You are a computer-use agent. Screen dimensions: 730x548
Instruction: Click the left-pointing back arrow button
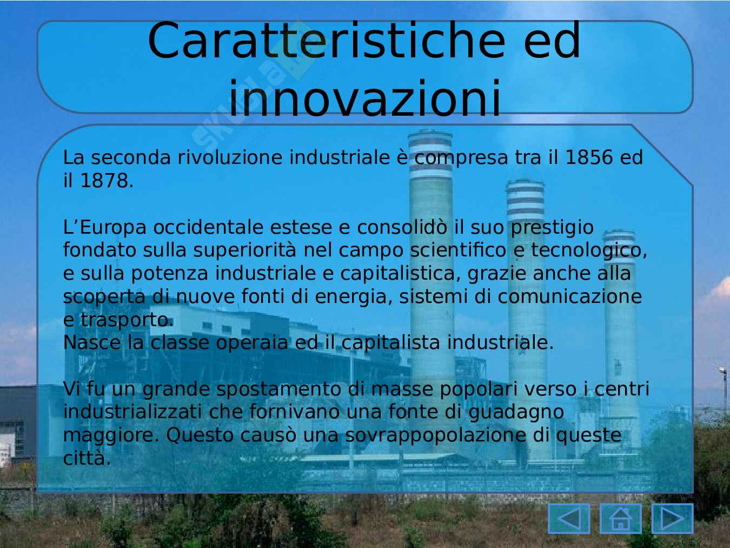569,518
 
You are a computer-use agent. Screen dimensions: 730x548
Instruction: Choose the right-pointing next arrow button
673,518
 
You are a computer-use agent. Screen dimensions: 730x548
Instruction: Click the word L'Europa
105,228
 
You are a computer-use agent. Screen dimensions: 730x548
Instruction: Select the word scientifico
458,250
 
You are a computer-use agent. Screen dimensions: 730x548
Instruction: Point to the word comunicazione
570,297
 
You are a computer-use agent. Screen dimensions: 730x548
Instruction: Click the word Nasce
92,343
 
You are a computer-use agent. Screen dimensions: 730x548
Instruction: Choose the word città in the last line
87,458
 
